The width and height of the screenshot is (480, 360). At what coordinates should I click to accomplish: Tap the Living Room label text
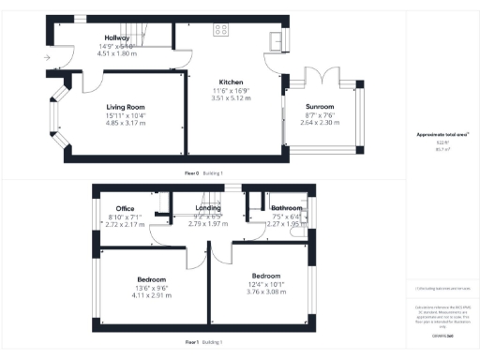click(x=125, y=107)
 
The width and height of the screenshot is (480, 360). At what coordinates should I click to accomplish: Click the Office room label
click(x=126, y=207)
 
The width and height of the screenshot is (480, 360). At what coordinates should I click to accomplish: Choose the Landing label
click(x=208, y=207)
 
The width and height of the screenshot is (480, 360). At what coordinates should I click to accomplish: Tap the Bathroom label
click(x=285, y=207)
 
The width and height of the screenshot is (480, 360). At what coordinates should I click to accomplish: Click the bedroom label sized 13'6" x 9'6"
click(x=151, y=279)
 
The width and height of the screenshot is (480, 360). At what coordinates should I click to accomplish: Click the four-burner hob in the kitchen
click(x=222, y=29)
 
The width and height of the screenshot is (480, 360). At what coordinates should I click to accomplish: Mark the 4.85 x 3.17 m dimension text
click(x=125, y=123)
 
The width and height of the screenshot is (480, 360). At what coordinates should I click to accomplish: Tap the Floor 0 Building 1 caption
click(x=203, y=173)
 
